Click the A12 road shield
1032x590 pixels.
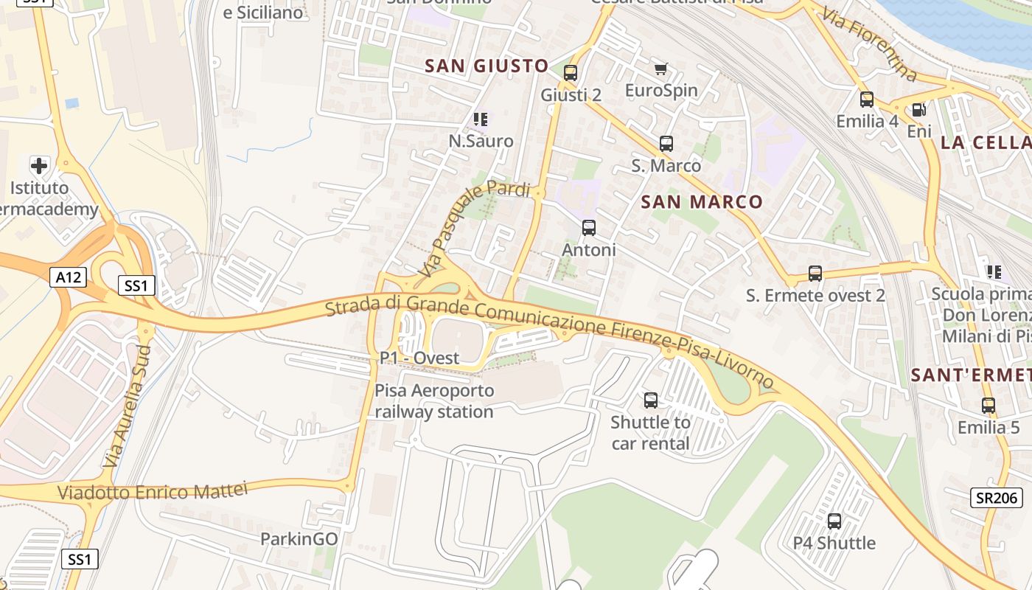pos(69,277)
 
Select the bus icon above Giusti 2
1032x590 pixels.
pos(570,73)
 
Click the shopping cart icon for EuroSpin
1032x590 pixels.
pos(660,69)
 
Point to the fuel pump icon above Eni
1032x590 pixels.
pos(918,110)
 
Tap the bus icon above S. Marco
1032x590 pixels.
pos(666,144)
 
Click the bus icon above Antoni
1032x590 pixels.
pos(588,228)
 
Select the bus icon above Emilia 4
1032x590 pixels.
pos(867,99)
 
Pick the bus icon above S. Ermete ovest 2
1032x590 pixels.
pos(815,274)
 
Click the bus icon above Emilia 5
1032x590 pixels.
pos(988,405)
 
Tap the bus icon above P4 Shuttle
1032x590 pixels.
pos(834,521)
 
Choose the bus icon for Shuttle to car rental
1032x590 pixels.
pos(651,400)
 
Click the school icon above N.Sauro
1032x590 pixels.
pos(481,119)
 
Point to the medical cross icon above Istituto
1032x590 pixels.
pos(39,165)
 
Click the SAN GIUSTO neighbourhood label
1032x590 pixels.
pos(487,66)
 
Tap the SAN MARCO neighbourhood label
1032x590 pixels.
pos(702,201)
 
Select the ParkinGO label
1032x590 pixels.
pos(299,539)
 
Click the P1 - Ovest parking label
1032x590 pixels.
pos(419,358)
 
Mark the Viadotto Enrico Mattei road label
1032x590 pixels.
pos(152,492)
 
